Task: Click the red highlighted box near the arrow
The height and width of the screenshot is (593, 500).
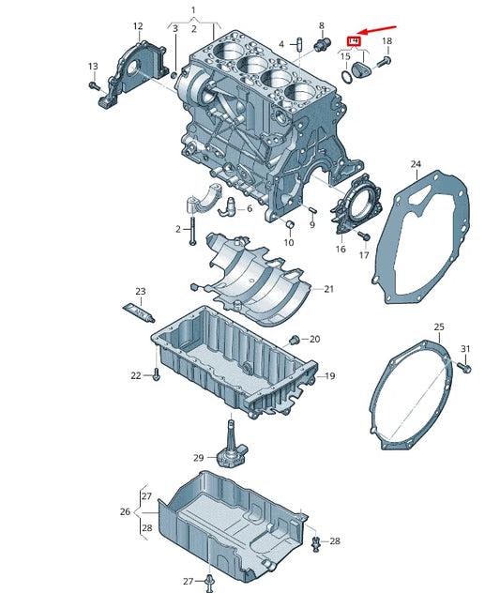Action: tap(355, 40)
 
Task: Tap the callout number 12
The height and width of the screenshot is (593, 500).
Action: tap(138, 26)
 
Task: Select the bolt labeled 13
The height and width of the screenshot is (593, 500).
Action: tap(97, 85)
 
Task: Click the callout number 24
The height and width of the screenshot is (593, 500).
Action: tap(416, 165)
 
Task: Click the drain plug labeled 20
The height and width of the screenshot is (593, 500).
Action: tap(294, 339)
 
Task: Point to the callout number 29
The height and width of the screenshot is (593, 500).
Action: tap(198, 458)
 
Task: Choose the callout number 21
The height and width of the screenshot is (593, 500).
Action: tap(328, 289)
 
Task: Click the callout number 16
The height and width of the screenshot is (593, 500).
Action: tap(341, 249)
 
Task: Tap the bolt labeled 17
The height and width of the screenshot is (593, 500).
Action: tap(364, 236)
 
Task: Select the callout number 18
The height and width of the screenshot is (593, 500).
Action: tap(386, 42)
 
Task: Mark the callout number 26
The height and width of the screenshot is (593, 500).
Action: tap(125, 512)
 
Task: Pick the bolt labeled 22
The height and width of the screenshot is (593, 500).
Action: tap(156, 374)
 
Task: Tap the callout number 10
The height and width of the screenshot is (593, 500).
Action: tap(289, 242)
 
